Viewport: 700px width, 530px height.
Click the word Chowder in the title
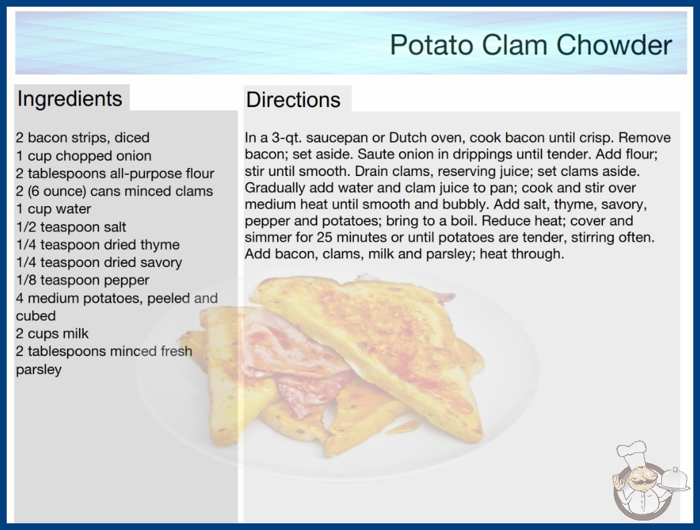coord(614,45)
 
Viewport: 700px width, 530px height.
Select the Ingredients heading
coord(70,99)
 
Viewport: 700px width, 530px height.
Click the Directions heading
coord(293,100)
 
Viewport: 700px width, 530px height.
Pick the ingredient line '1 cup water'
coord(54,209)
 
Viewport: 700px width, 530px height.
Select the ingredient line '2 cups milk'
coord(52,333)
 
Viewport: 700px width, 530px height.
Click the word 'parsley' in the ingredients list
coord(38,369)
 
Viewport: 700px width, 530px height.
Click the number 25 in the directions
coord(325,237)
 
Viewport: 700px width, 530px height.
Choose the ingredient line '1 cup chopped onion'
coord(84,156)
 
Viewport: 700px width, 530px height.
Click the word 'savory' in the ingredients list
coord(161,262)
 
